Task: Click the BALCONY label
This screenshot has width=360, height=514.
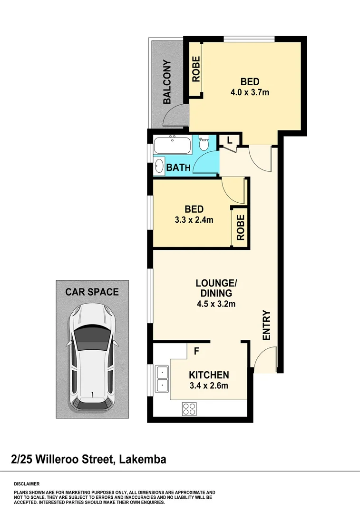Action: click(167, 82)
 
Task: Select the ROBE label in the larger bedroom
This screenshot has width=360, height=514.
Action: click(196, 69)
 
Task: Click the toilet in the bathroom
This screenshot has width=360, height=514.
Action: click(204, 143)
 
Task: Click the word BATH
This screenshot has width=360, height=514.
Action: click(178, 168)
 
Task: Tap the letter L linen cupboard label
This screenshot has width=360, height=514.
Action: click(229, 140)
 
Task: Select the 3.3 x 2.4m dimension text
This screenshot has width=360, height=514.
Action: click(194, 220)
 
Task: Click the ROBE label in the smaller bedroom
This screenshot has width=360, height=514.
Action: click(240, 227)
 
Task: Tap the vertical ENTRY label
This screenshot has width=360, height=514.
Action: click(266, 325)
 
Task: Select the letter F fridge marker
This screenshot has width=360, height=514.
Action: click(196, 353)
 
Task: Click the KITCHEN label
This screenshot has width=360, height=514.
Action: click(209, 375)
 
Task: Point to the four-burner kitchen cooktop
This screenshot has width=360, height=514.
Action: click(189, 408)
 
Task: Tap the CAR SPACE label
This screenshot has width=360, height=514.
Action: click(92, 292)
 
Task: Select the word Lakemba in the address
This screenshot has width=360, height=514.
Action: click(143, 459)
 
